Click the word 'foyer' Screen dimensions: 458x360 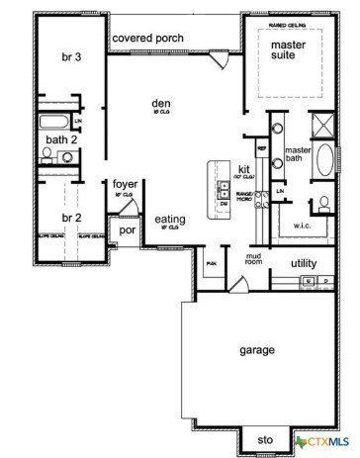point(124,184)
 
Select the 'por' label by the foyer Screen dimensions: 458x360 point(127,229)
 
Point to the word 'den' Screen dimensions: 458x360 point(162,103)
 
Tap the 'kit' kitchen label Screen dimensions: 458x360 point(244,168)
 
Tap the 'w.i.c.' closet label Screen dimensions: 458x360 point(302,225)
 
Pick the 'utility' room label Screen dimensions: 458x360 point(303,263)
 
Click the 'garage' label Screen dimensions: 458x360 point(255,350)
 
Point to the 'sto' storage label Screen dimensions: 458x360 point(264,438)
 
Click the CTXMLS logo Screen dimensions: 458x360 point(326,438)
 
